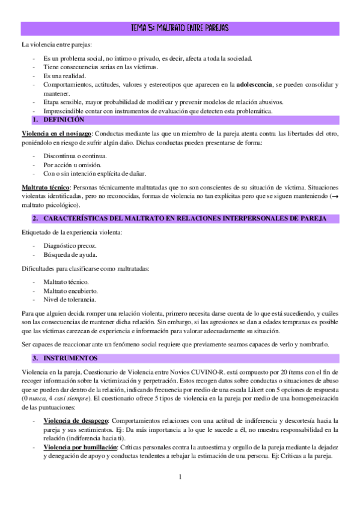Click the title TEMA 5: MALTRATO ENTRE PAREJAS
pyautogui.click(x=180, y=28)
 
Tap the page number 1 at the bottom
pyautogui.click(x=180, y=477)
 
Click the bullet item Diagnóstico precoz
pyautogui.click(x=70, y=247)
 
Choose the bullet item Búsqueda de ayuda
pyautogui.click(x=70, y=256)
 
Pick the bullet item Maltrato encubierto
pyautogui.click(x=70, y=290)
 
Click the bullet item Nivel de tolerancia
pyautogui.click(x=69, y=300)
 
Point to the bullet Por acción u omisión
pyautogui.click(x=72, y=165)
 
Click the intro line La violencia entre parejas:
pyautogui.click(x=56, y=45)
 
